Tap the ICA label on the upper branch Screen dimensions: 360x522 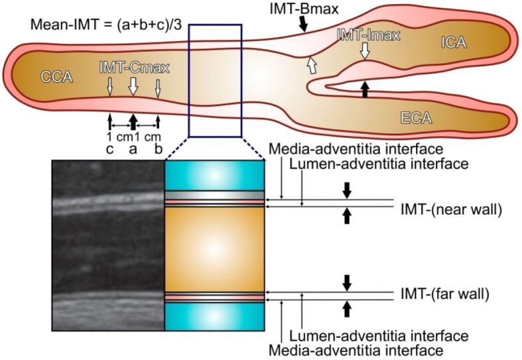(x=454, y=43)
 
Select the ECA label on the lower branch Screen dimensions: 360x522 (x=416, y=119)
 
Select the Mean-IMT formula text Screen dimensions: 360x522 (x=109, y=27)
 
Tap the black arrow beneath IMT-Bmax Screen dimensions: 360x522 (x=303, y=24)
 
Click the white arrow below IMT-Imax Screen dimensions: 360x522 (x=364, y=50)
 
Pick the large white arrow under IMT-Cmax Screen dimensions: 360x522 (x=133, y=86)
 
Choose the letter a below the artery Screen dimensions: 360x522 (x=133, y=149)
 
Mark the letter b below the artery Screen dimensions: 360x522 (x=158, y=149)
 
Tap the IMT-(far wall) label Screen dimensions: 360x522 (x=444, y=292)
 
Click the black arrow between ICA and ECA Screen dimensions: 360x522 (x=364, y=89)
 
